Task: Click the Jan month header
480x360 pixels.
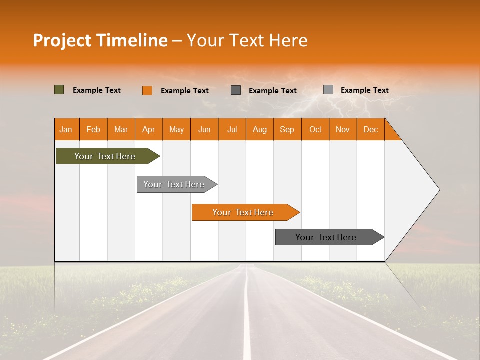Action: tap(66, 129)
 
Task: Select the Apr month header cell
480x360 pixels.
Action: tap(149, 129)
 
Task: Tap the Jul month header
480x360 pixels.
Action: tap(232, 129)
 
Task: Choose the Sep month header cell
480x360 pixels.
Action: tap(287, 129)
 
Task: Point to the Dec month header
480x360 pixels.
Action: tap(370, 129)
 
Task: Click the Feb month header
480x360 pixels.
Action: tap(93, 129)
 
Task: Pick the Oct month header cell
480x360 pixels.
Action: tap(315, 129)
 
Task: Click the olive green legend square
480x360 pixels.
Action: tap(59, 90)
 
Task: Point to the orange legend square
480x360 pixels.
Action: tap(147, 90)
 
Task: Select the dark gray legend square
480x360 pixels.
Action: tap(236, 90)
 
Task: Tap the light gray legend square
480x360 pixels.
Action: tap(328, 90)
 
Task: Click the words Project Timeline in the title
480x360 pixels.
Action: tap(100, 40)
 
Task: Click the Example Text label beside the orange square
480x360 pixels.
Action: tap(185, 91)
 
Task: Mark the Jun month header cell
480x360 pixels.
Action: tap(204, 129)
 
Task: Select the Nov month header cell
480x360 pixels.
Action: tap(343, 129)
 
